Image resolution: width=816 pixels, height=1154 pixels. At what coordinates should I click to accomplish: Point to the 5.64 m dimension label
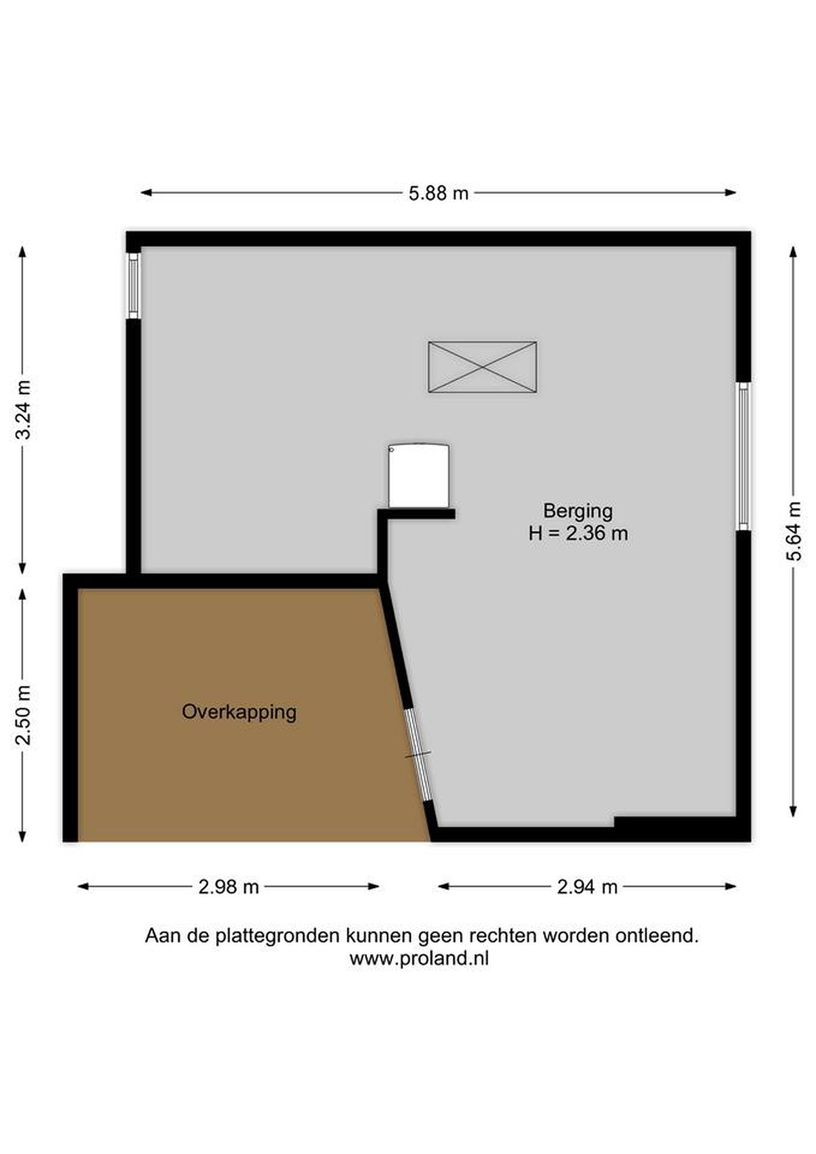[x=794, y=531]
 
